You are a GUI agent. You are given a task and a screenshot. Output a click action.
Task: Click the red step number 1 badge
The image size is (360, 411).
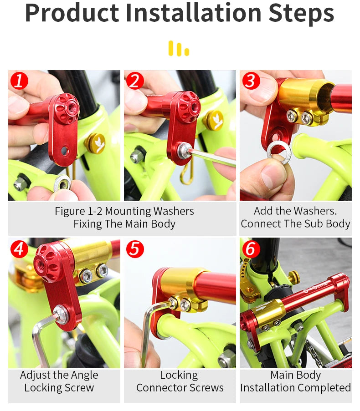click(19, 81)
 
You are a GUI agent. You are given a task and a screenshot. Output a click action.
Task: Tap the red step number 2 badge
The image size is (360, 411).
click(135, 81)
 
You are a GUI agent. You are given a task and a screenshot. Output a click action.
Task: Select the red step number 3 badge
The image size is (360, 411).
click(251, 81)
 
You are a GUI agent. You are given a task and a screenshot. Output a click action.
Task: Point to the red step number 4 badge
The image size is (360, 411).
click(19, 249)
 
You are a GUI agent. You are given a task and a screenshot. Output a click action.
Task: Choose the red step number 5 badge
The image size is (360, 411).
click(135, 249)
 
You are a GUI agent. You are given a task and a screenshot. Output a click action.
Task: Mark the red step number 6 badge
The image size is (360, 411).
click(251, 249)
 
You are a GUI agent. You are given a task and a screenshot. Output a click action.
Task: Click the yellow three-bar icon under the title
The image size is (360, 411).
click(179, 48)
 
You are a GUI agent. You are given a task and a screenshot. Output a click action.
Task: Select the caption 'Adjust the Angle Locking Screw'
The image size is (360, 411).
click(59, 381)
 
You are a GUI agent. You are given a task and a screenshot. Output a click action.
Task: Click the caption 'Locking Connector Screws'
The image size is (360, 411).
click(180, 381)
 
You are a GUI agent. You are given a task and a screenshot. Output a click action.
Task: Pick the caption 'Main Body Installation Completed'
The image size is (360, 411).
click(295, 381)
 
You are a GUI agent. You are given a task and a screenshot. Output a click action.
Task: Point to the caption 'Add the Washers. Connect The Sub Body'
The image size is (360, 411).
click(295, 217)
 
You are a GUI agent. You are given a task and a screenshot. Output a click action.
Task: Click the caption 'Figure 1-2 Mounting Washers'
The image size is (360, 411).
click(124, 211)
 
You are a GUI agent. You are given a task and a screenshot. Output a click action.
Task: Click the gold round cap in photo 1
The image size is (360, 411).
click(95, 143)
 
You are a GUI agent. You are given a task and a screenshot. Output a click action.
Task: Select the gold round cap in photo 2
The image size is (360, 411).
click(213, 120)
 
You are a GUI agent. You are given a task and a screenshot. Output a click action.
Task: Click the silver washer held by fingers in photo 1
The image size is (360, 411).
click(62, 183)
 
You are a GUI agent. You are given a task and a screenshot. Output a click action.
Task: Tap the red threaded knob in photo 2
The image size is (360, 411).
click(188, 107)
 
